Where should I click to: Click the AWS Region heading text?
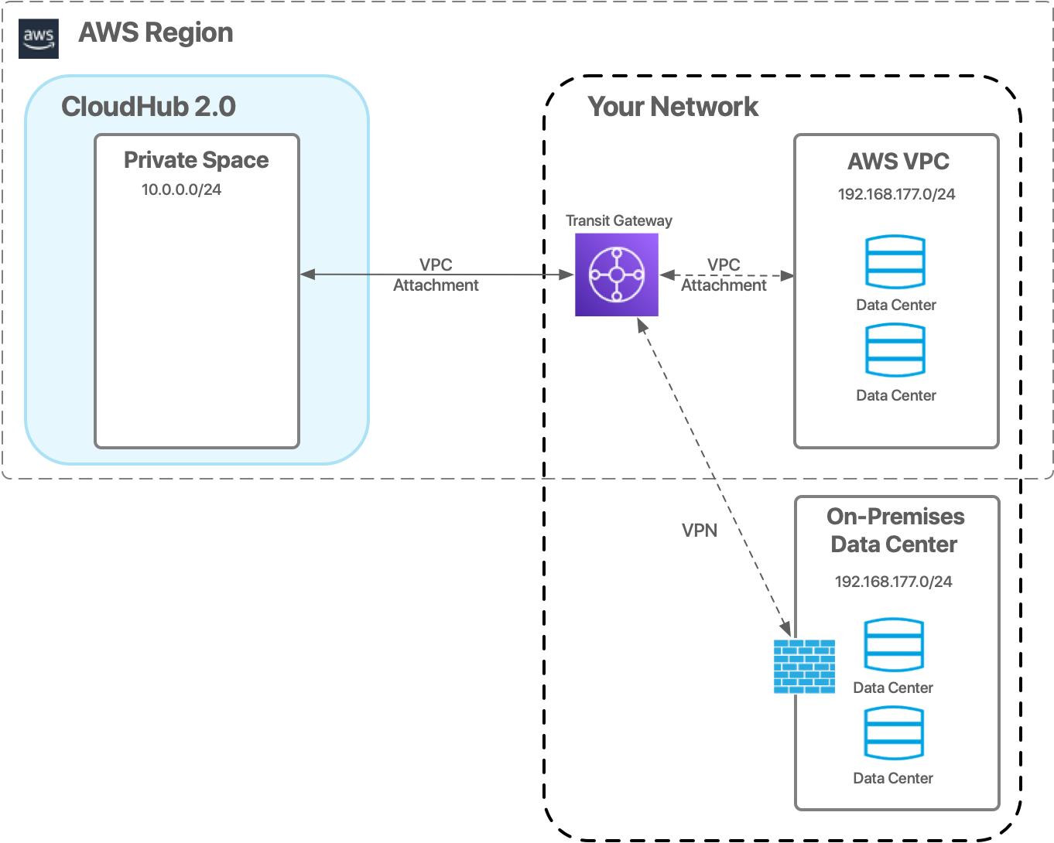(x=156, y=32)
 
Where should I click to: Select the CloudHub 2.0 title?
(x=149, y=107)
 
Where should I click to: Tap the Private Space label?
(x=197, y=160)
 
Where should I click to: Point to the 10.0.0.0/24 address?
(x=181, y=189)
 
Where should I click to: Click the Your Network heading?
(x=672, y=107)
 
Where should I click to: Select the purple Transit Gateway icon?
(x=617, y=275)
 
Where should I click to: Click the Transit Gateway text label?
(x=618, y=220)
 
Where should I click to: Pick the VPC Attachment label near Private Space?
(x=436, y=275)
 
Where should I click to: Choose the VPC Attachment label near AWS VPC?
(x=724, y=275)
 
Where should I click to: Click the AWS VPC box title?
(x=898, y=162)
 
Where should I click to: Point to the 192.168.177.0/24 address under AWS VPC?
(x=896, y=194)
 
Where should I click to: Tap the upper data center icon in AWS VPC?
(x=895, y=262)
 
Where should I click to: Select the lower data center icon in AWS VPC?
(x=895, y=350)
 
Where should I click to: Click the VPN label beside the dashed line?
(x=699, y=530)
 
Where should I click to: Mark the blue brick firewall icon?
(x=804, y=666)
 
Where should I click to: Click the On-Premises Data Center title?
(x=895, y=531)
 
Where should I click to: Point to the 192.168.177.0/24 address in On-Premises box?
(x=893, y=582)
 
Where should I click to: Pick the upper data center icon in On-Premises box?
(x=893, y=645)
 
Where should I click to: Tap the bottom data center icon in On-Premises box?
(x=893, y=734)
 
